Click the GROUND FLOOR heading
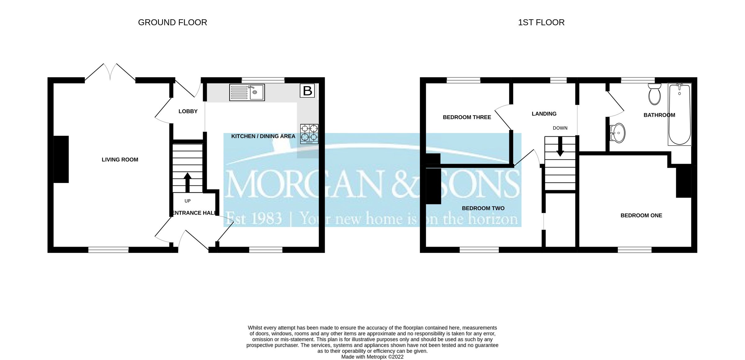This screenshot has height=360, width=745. coord(172,22)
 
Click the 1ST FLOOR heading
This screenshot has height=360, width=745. coord(541,22)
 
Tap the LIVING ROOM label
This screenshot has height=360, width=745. coord(120,160)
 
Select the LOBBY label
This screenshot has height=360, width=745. coord(188,111)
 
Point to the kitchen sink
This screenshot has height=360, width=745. coord(247,92)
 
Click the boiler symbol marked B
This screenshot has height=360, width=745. coord(307,91)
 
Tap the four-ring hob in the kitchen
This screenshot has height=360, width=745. coord(309,134)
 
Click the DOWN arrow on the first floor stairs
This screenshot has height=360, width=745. coord(560,147)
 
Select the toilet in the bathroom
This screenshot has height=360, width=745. coord(654,94)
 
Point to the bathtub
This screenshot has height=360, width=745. coord(680,114)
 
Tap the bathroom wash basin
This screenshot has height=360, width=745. coord(617,133)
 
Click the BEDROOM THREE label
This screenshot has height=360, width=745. coord(467,117)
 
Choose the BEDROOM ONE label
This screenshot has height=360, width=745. coord(641,215)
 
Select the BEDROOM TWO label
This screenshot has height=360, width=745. coord(483,208)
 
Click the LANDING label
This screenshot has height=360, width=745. coord(544,114)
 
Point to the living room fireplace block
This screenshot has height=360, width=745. coord(61,159)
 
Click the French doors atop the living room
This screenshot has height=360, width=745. coord(110,73)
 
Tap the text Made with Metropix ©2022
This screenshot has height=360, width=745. coord(372,357)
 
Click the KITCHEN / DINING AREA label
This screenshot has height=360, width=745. coord(263,136)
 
